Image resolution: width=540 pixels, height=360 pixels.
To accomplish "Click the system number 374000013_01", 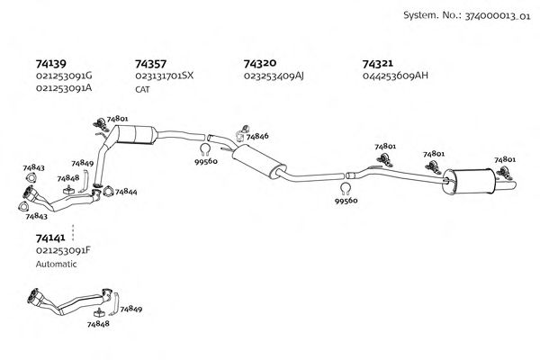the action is click(x=498, y=16).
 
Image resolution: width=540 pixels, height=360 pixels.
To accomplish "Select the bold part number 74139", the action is click(x=51, y=64).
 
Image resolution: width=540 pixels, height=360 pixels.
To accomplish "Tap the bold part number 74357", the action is click(x=150, y=64).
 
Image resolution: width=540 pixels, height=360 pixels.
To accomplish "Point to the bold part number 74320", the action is click(x=260, y=63).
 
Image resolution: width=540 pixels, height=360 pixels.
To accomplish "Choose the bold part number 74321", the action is click(x=377, y=64).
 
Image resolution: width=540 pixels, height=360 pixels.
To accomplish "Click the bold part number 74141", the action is click(x=50, y=238).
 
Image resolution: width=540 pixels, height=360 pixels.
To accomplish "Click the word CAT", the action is click(x=142, y=90).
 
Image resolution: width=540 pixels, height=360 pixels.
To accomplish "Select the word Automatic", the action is click(x=56, y=265).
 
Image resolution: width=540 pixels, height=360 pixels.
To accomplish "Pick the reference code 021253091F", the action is click(x=63, y=250).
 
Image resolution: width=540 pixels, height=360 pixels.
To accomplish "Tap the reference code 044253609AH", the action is click(x=395, y=76).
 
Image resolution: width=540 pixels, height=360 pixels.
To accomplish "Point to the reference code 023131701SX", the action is click(x=165, y=76).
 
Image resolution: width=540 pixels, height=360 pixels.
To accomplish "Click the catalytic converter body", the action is click(x=137, y=134).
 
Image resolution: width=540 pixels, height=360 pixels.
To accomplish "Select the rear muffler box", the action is click(x=469, y=182).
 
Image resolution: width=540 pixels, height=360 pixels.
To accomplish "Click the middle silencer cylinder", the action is click(x=259, y=162).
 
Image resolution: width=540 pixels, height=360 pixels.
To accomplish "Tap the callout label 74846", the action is click(x=257, y=137).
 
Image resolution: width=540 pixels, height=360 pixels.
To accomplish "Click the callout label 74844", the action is click(x=126, y=192).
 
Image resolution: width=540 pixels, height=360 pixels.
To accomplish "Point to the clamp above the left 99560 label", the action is click(x=205, y=150).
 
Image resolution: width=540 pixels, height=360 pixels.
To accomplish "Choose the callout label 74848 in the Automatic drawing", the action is click(x=98, y=324).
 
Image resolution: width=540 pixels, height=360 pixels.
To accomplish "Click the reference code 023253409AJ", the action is click(x=274, y=76).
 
